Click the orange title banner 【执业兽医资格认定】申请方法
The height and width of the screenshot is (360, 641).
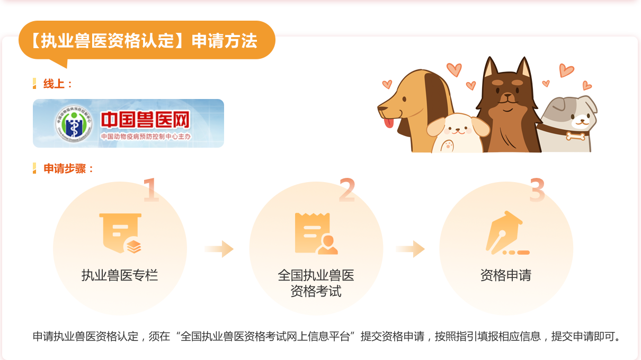point(147,40)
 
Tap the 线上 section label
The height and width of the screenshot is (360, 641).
point(57,84)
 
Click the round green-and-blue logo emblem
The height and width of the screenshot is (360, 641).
point(74,123)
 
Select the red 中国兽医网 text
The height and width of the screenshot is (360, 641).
point(145,120)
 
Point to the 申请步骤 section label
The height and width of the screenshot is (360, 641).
point(68,168)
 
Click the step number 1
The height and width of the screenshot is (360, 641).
point(151,190)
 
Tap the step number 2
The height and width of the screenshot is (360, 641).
point(347,190)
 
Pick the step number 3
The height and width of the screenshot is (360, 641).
point(537,190)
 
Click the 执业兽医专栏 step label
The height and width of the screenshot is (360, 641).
point(120,275)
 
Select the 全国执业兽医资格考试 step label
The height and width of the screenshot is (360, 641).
point(316,283)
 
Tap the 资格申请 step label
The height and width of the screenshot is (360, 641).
point(506,275)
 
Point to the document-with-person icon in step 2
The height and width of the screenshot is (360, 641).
point(316,233)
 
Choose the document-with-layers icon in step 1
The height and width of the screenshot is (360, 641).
point(120,233)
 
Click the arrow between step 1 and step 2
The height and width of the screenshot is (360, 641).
point(219,249)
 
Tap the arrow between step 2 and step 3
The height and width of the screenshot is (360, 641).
point(410,249)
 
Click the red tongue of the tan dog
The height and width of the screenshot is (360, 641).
point(389,123)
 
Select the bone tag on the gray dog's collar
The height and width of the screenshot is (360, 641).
point(575,136)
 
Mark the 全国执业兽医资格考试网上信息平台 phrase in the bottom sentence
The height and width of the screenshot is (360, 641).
point(265,336)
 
